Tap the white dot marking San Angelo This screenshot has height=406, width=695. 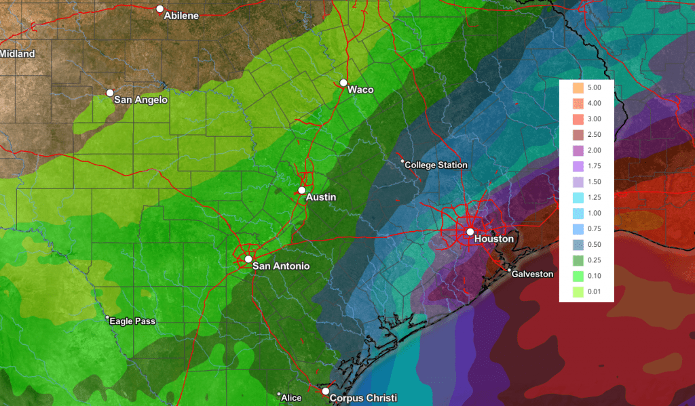coord(110,93)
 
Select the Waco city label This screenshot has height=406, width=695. coord(360,89)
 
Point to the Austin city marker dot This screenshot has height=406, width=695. coord(302,190)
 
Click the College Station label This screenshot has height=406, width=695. coord(436,165)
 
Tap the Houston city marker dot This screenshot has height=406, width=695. coord(470,232)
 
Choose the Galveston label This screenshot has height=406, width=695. coord(533,274)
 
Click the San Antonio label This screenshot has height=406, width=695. coord(280,266)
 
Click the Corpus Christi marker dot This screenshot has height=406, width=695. coord(326,392)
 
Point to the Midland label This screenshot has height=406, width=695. coord(18,54)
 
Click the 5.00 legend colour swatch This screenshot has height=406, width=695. coord(578,88)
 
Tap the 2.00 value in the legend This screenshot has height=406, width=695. coord(603,150)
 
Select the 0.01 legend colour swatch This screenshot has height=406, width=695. coord(578,292)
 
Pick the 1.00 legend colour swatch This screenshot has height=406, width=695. coord(578,214)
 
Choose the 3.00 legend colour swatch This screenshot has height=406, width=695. coord(578,119)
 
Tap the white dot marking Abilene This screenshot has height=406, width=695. coord(160,9)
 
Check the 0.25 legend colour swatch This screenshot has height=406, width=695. coord(578,260)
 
